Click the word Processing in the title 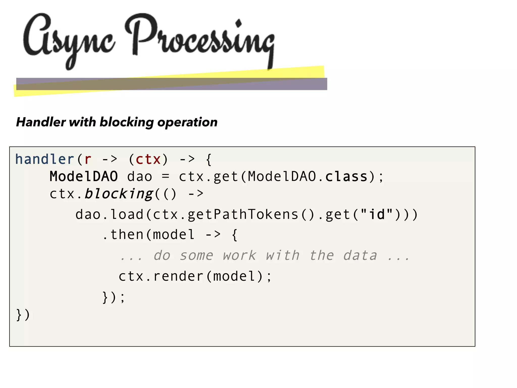click(x=199, y=38)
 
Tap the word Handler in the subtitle click(x=41, y=122)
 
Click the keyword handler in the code click(x=44, y=159)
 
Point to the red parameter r click(x=88, y=159)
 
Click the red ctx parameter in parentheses click(x=148, y=159)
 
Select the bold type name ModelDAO click(x=84, y=176)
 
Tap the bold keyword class click(x=346, y=176)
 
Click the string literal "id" click(x=377, y=214)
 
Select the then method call click(x=127, y=234)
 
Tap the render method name click(x=178, y=276)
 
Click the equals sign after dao click(x=165, y=176)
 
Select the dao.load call click(x=110, y=214)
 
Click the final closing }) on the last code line click(x=23, y=315)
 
